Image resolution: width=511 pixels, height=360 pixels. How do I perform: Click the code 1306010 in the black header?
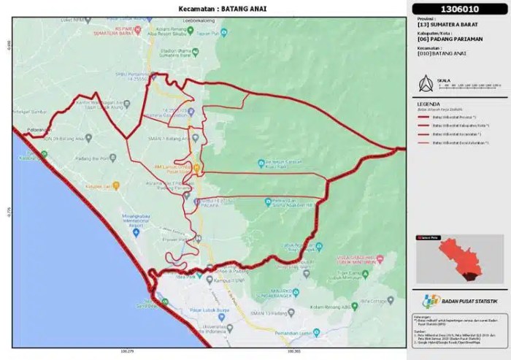456,10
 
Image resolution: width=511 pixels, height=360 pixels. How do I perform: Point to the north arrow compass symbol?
422,83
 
